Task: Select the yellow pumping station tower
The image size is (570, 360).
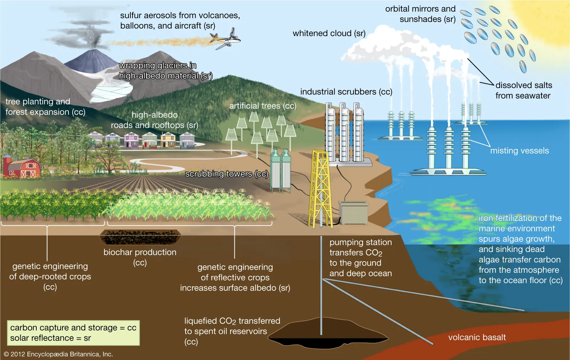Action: pyautogui.click(x=321, y=189)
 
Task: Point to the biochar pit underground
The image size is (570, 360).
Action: pyautogui.click(x=140, y=237)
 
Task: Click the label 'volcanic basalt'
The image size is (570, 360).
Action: pyautogui.click(x=477, y=337)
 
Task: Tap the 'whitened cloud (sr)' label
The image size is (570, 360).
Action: pyautogui.click(x=329, y=33)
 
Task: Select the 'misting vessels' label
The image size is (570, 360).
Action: pyautogui.click(x=519, y=151)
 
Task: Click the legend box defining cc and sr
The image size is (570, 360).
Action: pyautogui.click(x=73, y=333)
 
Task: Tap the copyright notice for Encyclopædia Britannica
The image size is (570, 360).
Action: pyautogui.click(x=58, y=354)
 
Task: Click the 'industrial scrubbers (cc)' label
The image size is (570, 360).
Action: pyautogui.click(x=346, y=92)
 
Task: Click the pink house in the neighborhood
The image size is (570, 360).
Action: pyautogui.click(x=131, y=140)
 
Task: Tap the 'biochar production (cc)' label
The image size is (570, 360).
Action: pyautogui.click(x=140, y=257)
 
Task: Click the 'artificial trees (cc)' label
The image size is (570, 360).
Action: pyautogui.click(x=263, y=106)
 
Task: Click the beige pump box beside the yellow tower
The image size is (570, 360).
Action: pyautogui.click(x=353, y=213)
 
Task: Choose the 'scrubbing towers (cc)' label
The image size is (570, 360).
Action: pyautogui.click(x=227, y=174)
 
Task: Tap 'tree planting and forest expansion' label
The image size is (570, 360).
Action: pyautogui.click(x=45, y=107)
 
